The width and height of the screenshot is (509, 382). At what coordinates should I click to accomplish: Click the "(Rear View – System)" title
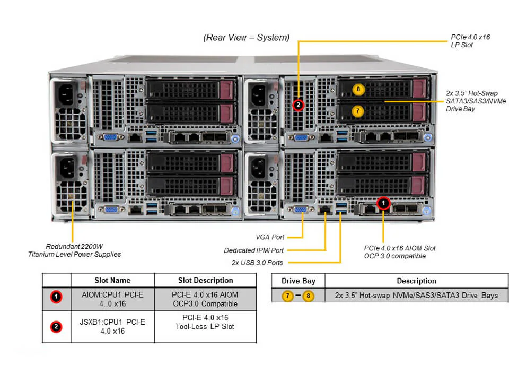tap(247, 38)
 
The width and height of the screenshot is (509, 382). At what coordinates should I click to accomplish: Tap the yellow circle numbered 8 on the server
tap(358, 89)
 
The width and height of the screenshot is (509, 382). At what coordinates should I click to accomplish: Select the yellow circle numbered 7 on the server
tap(358, 111)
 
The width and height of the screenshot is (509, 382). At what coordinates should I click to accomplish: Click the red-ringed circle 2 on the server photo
tap(299, 105)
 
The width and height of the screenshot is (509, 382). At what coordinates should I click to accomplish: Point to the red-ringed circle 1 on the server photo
tap(383, 203)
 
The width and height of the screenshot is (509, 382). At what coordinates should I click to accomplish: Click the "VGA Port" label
tap(270, 237)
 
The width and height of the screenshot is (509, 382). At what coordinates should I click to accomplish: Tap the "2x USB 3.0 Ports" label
tap(258, 263)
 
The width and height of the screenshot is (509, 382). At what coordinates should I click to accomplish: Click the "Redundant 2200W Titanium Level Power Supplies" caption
tap(74, 250)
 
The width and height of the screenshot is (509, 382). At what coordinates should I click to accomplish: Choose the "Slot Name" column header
tap(112, 280)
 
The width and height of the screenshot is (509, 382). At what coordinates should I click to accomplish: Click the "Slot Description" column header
tap(205, 280)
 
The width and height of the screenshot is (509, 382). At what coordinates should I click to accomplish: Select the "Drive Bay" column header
tap(298, 281)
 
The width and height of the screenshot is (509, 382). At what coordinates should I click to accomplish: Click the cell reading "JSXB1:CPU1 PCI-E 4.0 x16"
tap(112, 326)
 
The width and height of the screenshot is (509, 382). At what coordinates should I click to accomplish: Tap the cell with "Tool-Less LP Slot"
tap(205, 326)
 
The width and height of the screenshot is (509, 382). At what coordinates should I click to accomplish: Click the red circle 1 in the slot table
tap(56, 298)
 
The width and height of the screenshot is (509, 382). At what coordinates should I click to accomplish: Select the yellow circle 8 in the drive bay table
tap(309, 296)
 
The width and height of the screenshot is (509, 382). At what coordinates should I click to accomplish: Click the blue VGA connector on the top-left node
tap(110, 137)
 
